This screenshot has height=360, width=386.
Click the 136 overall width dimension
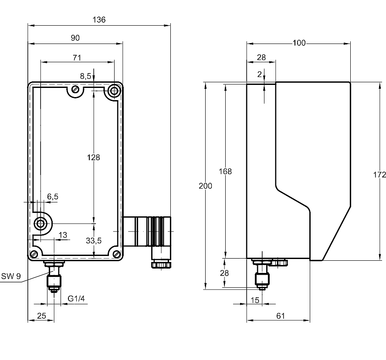[x=99, y=20]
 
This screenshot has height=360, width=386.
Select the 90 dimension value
[x=75, y=38]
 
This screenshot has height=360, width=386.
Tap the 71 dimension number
[x=77, y=58]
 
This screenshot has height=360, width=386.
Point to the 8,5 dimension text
[x=86, y=76]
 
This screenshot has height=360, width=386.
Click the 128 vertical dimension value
[x=94, y=158]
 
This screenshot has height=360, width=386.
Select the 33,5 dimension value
[x=94, y=240]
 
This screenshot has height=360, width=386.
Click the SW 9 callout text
[x=11, y=276]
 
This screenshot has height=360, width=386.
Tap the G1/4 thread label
[x=76, y=299]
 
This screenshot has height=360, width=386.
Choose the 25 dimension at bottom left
[x=41, y=316]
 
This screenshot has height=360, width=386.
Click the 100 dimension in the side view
[x=299, y=43]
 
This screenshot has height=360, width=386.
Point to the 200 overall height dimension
[x=205, y=186]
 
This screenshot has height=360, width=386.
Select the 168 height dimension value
[x=225, y=172]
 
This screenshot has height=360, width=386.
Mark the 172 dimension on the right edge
[x=379, y=175]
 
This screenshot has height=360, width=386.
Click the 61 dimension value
[x=281, y=316]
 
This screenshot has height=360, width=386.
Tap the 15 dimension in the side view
[x=255, y=300]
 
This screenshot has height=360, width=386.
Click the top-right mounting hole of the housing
[x=114, y=91]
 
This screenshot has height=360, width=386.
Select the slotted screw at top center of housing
[x=75, y=89]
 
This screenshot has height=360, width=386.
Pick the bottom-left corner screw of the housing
[x=34, y=254]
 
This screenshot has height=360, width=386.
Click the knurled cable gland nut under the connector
[x=161, y=265]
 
